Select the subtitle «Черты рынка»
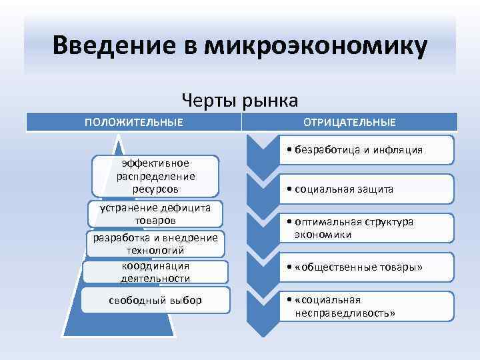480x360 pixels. [x=240, y=100]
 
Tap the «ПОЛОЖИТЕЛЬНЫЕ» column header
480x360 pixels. [x=133, y=122]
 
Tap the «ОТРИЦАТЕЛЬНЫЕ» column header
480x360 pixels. [x=349, y=122]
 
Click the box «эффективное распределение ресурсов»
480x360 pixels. [x=155, y=176]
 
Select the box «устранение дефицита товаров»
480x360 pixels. [x=155, y=214]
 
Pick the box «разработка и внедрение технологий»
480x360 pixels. [x=155, y=243]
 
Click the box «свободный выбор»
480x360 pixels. [x=155, y=300]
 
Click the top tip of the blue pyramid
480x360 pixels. [x=119, y=139]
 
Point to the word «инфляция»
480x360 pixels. [x=400, y=150]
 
